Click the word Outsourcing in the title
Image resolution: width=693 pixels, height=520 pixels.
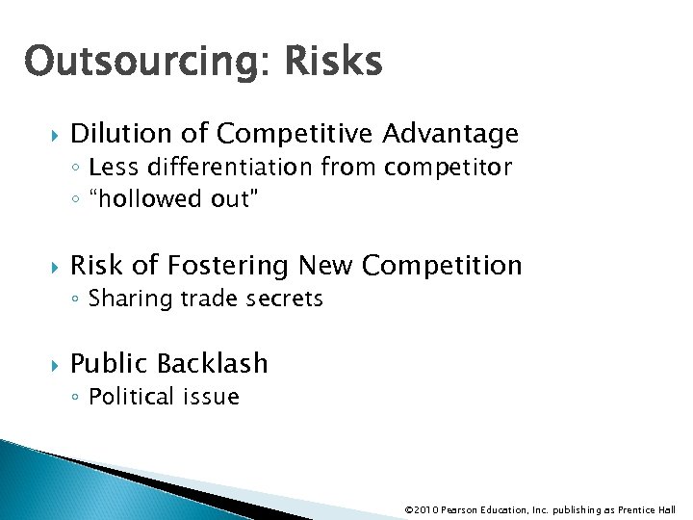tap(137, 63)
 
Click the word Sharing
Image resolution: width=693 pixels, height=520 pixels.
tap(124, 299)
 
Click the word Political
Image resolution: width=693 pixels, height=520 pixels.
tap(131, 397)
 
